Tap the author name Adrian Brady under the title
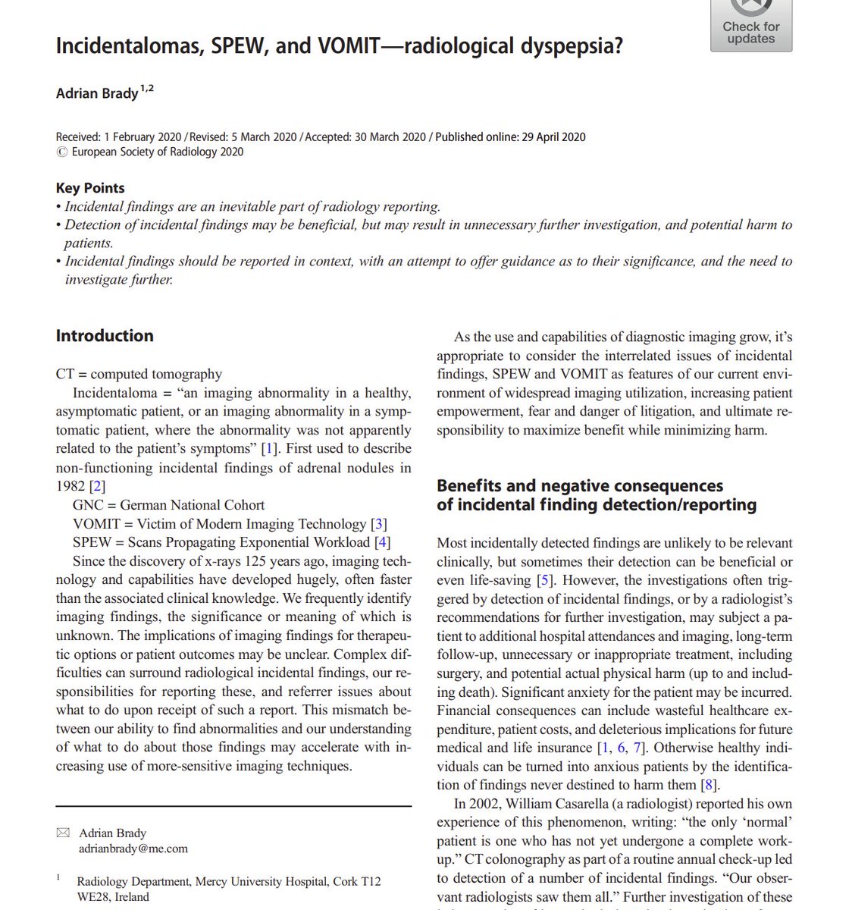click(97, 94)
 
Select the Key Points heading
click(90, 188)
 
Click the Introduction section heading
click(105, 336)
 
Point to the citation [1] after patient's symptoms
click(268, 449)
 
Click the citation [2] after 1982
click(97, 486)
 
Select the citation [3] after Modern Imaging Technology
click(379, 524)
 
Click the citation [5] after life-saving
click(545, 581)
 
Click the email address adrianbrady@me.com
click(133, 849)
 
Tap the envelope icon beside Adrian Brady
click(62, 833)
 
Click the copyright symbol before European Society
click(61, 152)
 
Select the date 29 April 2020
click(553, 137)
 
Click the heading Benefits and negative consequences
click(580, 486)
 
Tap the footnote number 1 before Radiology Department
click(58, 877)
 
